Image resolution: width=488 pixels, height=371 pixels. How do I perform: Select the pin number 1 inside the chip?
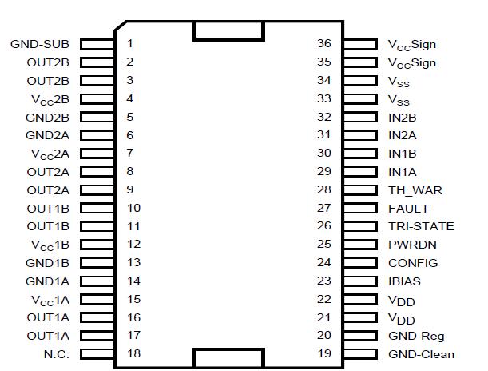[130, 43]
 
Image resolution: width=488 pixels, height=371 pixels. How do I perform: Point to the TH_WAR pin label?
[415, 190]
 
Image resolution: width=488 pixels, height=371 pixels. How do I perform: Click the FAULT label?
[408, 209]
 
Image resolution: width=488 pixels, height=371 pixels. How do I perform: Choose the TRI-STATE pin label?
[421, 226]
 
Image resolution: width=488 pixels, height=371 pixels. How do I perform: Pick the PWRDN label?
[412, 245]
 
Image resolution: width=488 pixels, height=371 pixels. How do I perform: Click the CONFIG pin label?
[413, 263]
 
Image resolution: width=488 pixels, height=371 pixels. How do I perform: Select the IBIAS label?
[404, 281]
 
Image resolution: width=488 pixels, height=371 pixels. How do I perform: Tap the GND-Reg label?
[415, 336]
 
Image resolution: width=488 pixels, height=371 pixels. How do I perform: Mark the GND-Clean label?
[421, 354]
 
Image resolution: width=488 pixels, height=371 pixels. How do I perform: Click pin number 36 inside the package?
[323, 43]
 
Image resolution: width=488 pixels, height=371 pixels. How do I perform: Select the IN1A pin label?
[402, 172]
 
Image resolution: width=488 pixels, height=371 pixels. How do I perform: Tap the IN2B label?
[402, 117]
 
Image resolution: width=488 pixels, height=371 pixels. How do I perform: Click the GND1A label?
[48, 281]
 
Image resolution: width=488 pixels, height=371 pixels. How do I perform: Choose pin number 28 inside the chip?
[323, 190]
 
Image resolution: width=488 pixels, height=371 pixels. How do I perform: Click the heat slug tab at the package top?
[228, 30]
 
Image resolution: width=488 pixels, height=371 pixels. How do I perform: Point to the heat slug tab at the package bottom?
[228, 358]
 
